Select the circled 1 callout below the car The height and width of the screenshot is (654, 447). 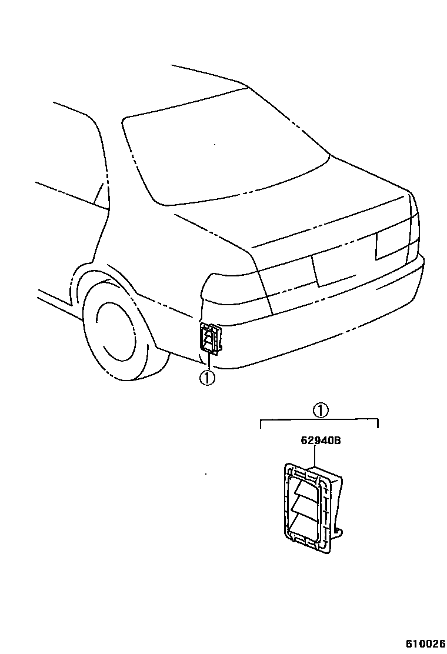point(206,378)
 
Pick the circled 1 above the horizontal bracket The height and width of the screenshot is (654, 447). point(320,411)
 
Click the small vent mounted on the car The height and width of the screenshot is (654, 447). point(211,340)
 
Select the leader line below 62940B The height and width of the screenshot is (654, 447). point(316,456)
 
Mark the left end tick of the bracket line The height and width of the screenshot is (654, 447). point(262,423)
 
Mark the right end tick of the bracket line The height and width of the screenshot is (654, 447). point(378,423)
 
